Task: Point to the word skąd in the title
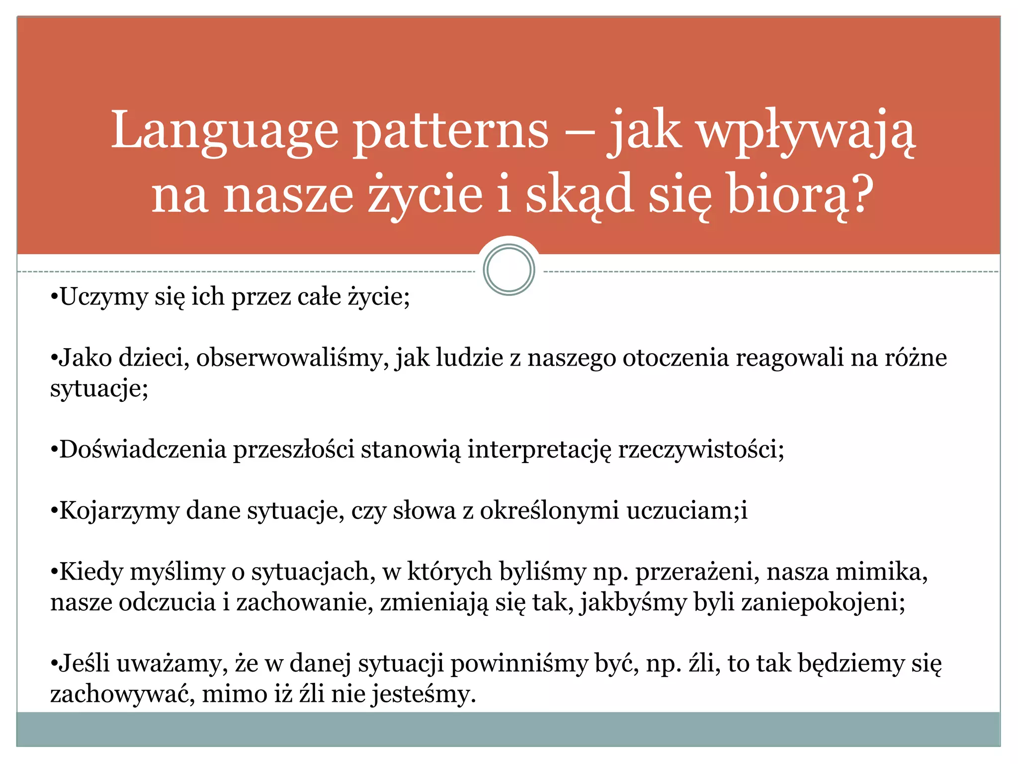pyautogui.click(x=580, y=194)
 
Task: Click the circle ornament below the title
pyautogui.click(x=509, y=270)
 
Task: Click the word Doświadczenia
pyautogui.click(x=143, y=450)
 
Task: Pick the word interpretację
pyautogui.click(x=539, y=450)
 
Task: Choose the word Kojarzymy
pyautogui.click(x=119, y=511)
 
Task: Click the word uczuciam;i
pyautogui.click(x=686, y=511)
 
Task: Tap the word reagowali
pyautogui.click(x=789, y=358)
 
